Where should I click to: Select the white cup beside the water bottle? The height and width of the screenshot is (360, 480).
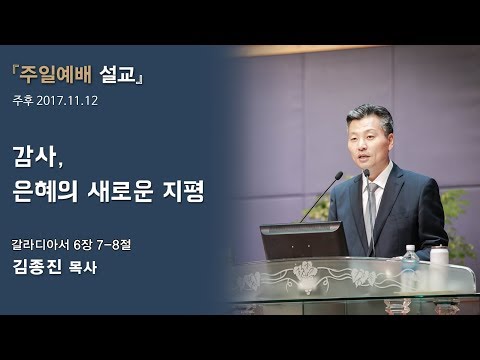(x=439, y=256)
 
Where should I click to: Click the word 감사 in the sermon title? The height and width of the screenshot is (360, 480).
(x=38, y=156)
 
